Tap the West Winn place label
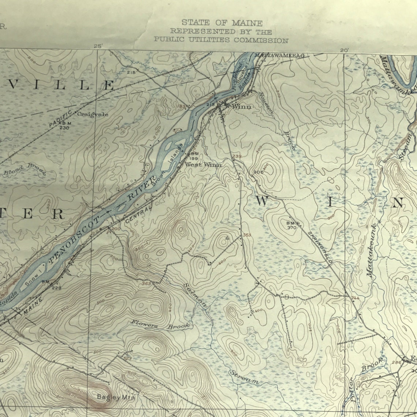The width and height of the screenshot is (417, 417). click(x=203, y=165)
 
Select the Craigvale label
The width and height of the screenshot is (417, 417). click(x=93, y=114)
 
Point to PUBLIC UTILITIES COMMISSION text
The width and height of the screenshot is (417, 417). click(x=221, y=40)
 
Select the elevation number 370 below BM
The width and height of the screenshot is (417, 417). click(x=292, y=228)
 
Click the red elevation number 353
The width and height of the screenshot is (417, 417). click(x=247, y=235)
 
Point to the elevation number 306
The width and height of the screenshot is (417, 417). click(x=258, y=172)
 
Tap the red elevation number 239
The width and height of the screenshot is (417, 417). click(x=237, y=157)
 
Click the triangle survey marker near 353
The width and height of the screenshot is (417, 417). click(x=227, y=238)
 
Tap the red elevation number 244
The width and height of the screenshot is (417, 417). click(x=355, y=298)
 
